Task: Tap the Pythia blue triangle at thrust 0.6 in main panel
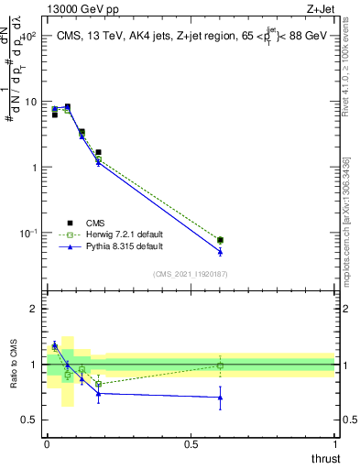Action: pyautogui.click(x=220, y=251)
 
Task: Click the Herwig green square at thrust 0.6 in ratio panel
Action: pyautogui.click(x=220, y=365)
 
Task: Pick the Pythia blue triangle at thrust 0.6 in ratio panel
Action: pyautogui.click(x=220, y=398)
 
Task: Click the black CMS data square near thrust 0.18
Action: pyautogui.click(x=98, y=152)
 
